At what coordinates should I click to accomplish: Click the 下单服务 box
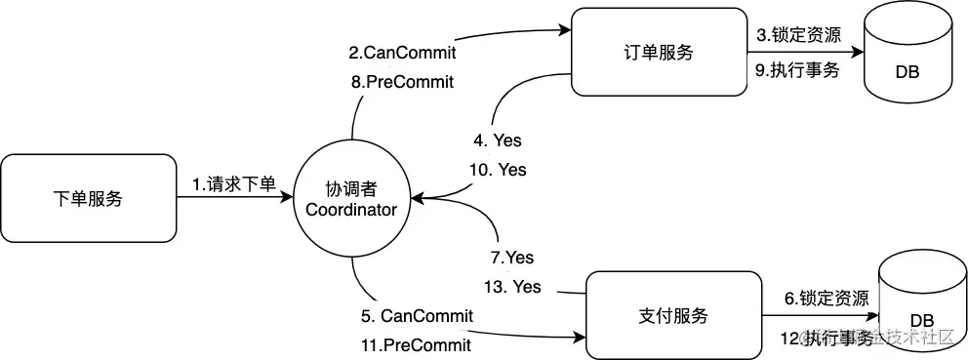pos(88,198)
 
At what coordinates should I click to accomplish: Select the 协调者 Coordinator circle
pos(350,199)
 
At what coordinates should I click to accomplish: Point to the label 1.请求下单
pos(233,182)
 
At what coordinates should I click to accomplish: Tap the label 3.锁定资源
pos(798,35)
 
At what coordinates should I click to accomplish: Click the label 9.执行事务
pos(798,70)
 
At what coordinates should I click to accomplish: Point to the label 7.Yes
pos(512,258)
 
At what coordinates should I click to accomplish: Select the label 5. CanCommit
pos(417,315)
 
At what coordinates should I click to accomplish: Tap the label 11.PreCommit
pos(417,344)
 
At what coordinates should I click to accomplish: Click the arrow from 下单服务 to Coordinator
pos(234,198)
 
